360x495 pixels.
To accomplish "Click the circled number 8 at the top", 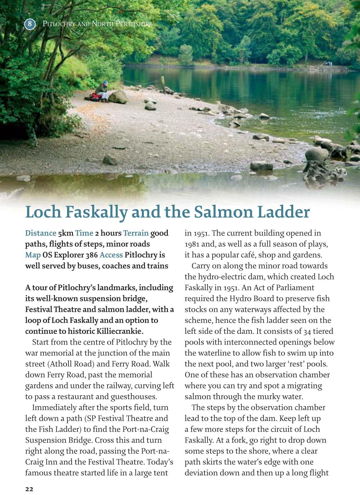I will (30, 24).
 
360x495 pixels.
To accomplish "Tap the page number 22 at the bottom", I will (29, 489).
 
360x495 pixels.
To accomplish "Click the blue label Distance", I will (41, 233).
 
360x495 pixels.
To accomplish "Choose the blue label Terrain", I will (136, 233).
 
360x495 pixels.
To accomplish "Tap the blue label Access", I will (111, 255).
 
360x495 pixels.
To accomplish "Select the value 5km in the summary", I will (66, 233).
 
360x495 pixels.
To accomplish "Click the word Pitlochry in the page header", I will (58, 24).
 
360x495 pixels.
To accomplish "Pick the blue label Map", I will (33, 255).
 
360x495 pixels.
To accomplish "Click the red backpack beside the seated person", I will (93, 96).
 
